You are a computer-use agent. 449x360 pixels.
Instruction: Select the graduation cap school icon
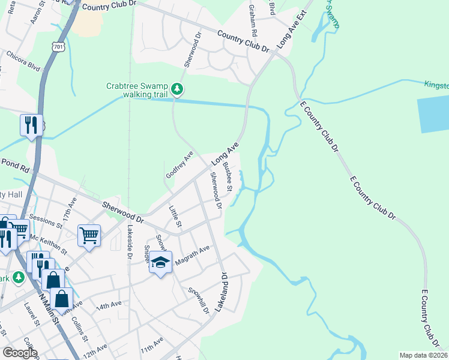tap(160, 262)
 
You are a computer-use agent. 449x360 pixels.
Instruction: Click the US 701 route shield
tap(58, 46)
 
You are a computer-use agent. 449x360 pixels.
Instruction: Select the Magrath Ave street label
tap(191, 254)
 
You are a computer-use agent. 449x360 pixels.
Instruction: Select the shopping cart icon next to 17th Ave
tap(89, 235)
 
